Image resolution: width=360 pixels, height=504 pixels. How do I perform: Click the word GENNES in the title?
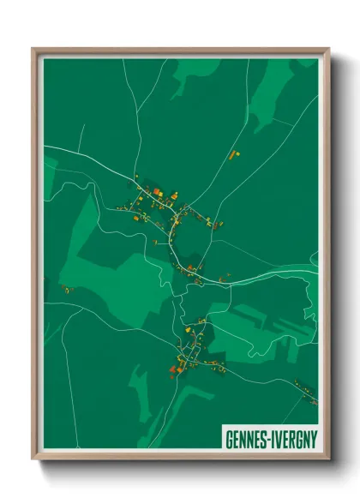click(247, 439)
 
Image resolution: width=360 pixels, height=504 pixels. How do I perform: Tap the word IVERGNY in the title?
click(294, 439)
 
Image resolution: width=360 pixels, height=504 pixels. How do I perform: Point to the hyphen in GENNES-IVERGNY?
click(270, 439)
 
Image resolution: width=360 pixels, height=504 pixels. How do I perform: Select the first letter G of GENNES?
click(229, 439)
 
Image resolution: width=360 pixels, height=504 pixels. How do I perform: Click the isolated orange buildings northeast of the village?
click(233, 155)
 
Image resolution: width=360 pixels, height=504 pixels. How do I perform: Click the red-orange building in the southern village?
click(173, 369)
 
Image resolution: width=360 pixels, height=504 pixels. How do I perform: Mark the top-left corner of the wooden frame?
click(33, 49)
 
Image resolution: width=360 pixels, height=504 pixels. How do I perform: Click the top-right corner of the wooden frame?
click(328, 49)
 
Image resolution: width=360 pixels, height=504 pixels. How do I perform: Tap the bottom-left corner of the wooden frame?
click(33, 460)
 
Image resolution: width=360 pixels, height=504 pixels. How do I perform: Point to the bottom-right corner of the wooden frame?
click(328, 460)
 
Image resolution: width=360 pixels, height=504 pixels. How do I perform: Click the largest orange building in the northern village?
click(158, 191)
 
